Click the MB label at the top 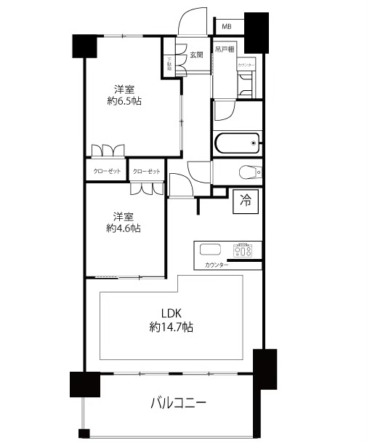(x=227, y=27)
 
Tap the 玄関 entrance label (x=196, y=55)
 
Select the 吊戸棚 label (x=224, y=49)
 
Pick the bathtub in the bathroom (x=236, y=143)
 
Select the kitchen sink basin (x=209, y=250)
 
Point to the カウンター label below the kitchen (x=217, y=265)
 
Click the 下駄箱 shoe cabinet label (x=169, y=65)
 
